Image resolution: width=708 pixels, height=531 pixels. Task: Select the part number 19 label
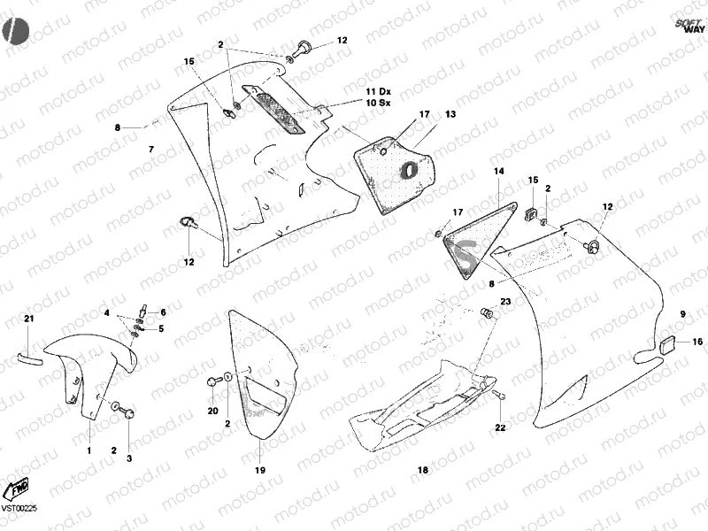click(260, 470)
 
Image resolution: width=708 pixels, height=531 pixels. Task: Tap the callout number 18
click(422, 470)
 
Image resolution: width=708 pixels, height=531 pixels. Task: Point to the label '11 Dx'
click(378, 92)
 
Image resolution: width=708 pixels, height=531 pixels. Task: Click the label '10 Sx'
click(378, 104)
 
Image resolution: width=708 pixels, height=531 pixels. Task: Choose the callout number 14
click(499, 171)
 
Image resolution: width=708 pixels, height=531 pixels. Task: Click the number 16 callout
click(697, 342)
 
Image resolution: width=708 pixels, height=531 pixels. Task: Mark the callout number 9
click(682, 314)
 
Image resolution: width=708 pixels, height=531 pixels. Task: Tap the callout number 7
click(150, 148)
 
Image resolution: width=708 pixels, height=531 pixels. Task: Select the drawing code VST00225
click(19, 508)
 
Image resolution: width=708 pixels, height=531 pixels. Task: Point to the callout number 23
click(505, 302)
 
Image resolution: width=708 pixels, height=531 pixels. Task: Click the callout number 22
click(500, 428)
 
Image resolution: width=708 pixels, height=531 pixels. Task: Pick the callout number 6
click(162, 312)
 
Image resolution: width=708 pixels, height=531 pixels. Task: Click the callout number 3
click(129, 458)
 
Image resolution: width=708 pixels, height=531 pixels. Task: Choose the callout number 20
click(212, 411)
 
